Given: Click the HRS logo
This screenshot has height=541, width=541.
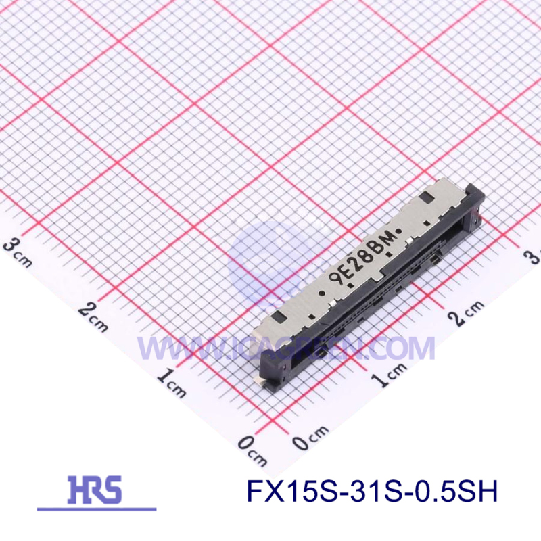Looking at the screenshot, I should [x=95, y=488].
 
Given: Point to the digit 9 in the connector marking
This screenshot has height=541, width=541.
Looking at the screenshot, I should [x=334, y=279].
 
